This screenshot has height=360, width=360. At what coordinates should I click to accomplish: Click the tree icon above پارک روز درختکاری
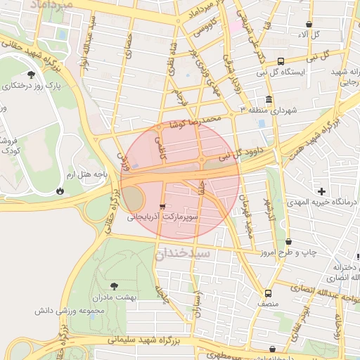point(30,74)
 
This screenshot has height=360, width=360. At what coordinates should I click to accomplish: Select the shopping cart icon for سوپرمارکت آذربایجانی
point(164,207)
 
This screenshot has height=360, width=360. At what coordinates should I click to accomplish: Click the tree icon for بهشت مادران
point(112,285)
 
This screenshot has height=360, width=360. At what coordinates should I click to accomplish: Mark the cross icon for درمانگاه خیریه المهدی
point(322,191)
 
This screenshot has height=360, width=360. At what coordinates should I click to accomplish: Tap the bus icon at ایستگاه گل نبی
point(281,61)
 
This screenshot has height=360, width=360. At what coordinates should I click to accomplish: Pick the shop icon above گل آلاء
point(309,24)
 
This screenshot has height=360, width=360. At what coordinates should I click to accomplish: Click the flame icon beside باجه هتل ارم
point(59,190)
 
